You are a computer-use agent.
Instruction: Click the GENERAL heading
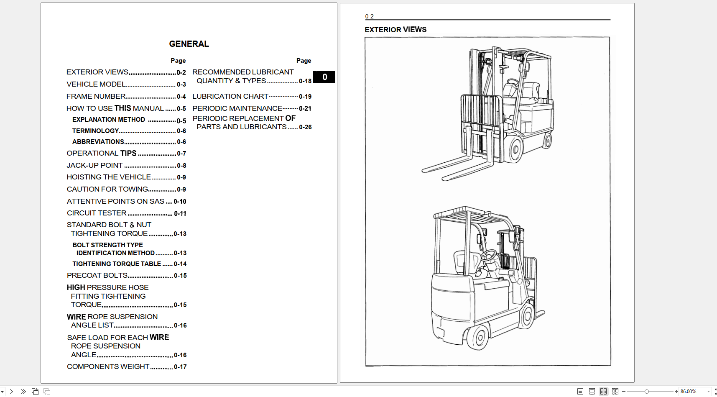[x=189, y=44]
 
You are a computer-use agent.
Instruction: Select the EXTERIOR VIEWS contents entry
[x=97, y=72]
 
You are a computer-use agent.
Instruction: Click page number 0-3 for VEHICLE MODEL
[x=181, y=85]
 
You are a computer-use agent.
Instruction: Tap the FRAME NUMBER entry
[x=96, y=96]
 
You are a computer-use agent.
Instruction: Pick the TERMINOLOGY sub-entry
[x=95, y=131]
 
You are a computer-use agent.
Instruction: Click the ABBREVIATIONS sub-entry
[x=98, y=142]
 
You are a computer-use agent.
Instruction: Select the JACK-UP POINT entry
[x=95, y=165]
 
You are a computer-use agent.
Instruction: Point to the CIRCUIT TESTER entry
[x=97, y=213]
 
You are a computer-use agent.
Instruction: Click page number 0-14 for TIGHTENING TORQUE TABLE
[x=180, y=264]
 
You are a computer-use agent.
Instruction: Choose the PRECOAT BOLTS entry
[x=97, y=275]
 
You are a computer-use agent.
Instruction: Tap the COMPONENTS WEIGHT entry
[x=108, y=366]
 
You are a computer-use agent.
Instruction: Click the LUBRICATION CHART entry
[x=230, y=96]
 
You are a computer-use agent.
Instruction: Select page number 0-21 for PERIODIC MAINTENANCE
[x=305, y=109]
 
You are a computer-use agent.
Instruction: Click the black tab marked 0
[x=324, y=77]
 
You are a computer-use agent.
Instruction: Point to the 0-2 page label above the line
[x=369, y=16]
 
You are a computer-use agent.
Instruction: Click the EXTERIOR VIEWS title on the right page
[x=395, y=30]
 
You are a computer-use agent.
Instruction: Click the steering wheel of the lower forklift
[x=488, y=255]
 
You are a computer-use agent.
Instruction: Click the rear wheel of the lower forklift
[x=477, y=337]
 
